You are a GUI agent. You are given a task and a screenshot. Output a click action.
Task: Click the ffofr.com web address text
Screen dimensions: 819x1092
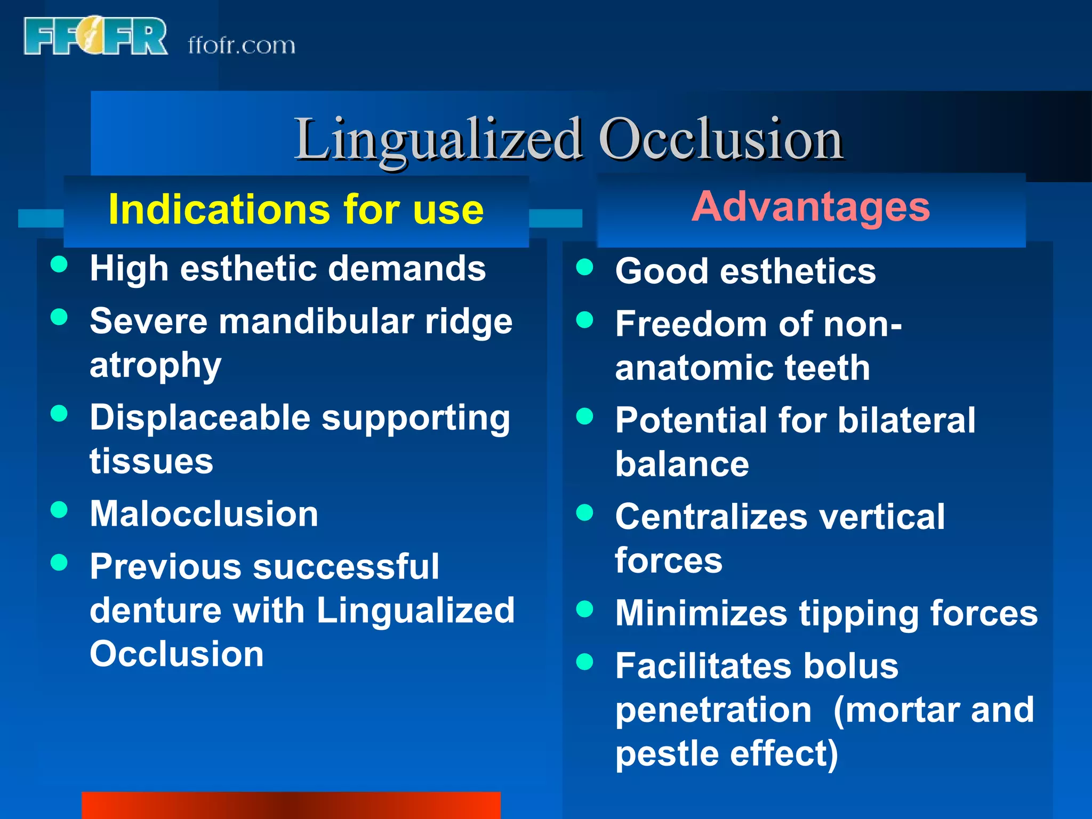pos(241,45)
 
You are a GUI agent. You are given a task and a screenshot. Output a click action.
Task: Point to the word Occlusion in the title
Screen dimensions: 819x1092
pos(720,139)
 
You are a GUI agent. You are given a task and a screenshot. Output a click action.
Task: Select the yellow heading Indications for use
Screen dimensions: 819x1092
pos(296,210)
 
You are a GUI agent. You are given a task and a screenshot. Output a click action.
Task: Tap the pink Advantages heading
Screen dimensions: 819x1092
pos(810,207)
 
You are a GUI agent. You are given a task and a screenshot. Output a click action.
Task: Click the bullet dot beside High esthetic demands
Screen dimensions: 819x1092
pos(59,264)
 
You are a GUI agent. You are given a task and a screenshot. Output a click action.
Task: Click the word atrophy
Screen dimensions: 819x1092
pos(155,366)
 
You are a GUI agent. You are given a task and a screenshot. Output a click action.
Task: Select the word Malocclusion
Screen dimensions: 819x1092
pos(204,514)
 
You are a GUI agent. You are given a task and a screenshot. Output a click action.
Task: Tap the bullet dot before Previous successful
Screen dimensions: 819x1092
pos(59,562)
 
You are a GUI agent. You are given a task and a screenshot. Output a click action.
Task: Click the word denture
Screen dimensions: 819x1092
pos(155,611)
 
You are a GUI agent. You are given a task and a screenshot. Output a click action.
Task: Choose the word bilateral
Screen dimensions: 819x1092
pos(906,421)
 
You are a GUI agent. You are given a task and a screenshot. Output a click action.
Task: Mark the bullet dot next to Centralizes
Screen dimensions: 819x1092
pos(585,512)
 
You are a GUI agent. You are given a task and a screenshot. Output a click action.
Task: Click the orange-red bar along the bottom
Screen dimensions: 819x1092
pos(291,805)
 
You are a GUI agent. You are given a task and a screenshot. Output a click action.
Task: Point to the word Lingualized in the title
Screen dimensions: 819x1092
pos(438,139)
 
